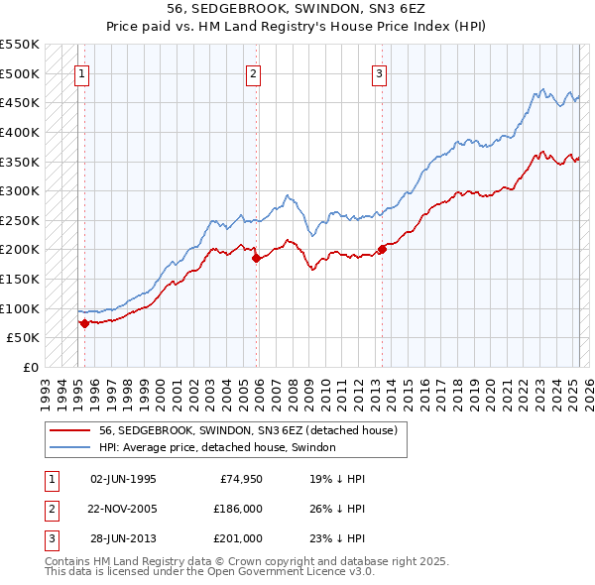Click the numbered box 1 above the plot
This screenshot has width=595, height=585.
(x=81, y=71)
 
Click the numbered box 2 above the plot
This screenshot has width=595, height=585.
(x=254, y=71)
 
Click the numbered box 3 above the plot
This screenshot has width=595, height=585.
(x=380, y=71)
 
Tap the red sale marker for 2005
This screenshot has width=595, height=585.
(x=256, y=258)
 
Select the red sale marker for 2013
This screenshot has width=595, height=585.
(x=382, y=249)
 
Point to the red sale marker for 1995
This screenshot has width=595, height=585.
(x=84, y=322)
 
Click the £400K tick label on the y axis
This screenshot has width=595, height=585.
(x=20, y=132)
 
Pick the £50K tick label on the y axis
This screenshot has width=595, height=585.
(x=24, y=338)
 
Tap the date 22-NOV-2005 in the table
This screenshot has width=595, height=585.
(x=123, y=509)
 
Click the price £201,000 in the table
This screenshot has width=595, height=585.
(x=238, y=538)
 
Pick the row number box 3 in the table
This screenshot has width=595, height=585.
(x=50, y=538)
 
